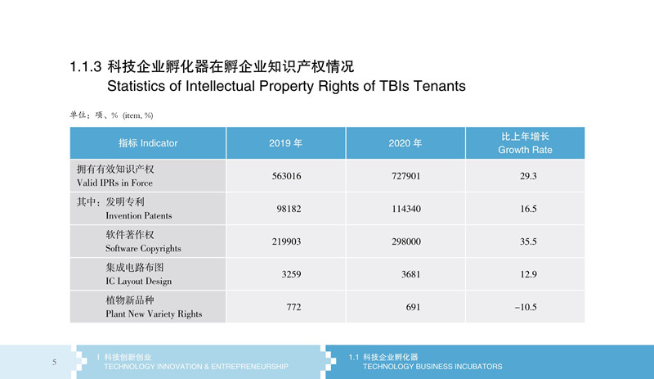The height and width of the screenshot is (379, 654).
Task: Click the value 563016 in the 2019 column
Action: click(286, 176)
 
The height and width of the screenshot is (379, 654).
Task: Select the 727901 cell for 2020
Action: click(405, 176)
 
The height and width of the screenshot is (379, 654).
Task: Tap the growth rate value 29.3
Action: click(528, 176)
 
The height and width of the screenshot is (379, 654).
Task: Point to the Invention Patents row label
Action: click(138, 215)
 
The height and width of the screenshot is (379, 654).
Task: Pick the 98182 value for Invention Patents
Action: click(289, 209)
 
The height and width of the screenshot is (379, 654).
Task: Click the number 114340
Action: click(405, 209)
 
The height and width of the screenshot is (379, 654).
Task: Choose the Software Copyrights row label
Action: click(143, 249)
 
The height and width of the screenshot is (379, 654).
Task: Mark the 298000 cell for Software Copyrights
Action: click(405, 241)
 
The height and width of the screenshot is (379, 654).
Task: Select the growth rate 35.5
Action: click(528, 241)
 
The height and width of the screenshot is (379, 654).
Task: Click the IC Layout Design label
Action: click(138, 282)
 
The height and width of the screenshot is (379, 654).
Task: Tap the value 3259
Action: click(291, 274)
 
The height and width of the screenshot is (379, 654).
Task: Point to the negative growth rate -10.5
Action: click(526, 307)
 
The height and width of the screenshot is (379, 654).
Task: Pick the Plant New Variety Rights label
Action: click(154, 314)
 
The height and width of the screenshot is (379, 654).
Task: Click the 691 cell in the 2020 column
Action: click(413, 307)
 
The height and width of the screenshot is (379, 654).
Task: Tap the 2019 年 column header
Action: click(285, 143)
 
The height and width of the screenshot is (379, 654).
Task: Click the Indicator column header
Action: click(148, 143)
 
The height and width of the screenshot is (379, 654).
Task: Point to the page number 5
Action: click(54, 362)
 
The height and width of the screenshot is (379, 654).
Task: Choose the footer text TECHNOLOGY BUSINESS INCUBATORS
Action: click(432, 367)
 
